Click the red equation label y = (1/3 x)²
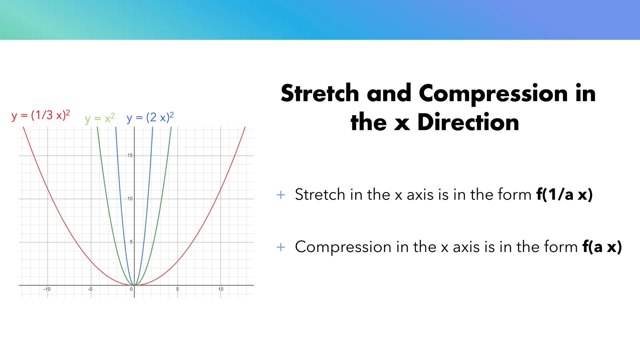(x=41, y=115)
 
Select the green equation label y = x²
(x=100, y=118)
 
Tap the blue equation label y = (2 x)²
(x=150, y=117)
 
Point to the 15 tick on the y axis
(x=130, y=156)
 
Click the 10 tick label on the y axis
(x=130, y=199)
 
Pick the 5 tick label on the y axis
(x=131, y=242)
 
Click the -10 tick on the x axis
(x=47, y=289)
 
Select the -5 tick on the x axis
(x=90, y=289)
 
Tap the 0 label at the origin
(x=131, y=289)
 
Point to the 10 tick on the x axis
(x=221, y=289)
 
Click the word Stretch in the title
(x=320, y=93)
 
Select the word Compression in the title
(x=493, y=94)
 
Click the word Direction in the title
(x=468, y=122)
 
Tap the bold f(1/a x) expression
(x=564, y=194)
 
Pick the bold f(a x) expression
(x=602, y=247)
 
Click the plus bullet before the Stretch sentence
(x=281, y=195)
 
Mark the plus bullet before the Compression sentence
(x=281, y=247)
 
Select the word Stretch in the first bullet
(x=320, y=194)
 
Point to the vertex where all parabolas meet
(x=134, y=285)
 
